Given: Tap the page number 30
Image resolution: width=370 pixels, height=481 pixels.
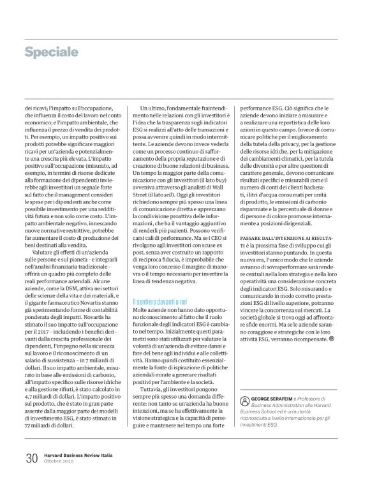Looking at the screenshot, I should tap(31, 458).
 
